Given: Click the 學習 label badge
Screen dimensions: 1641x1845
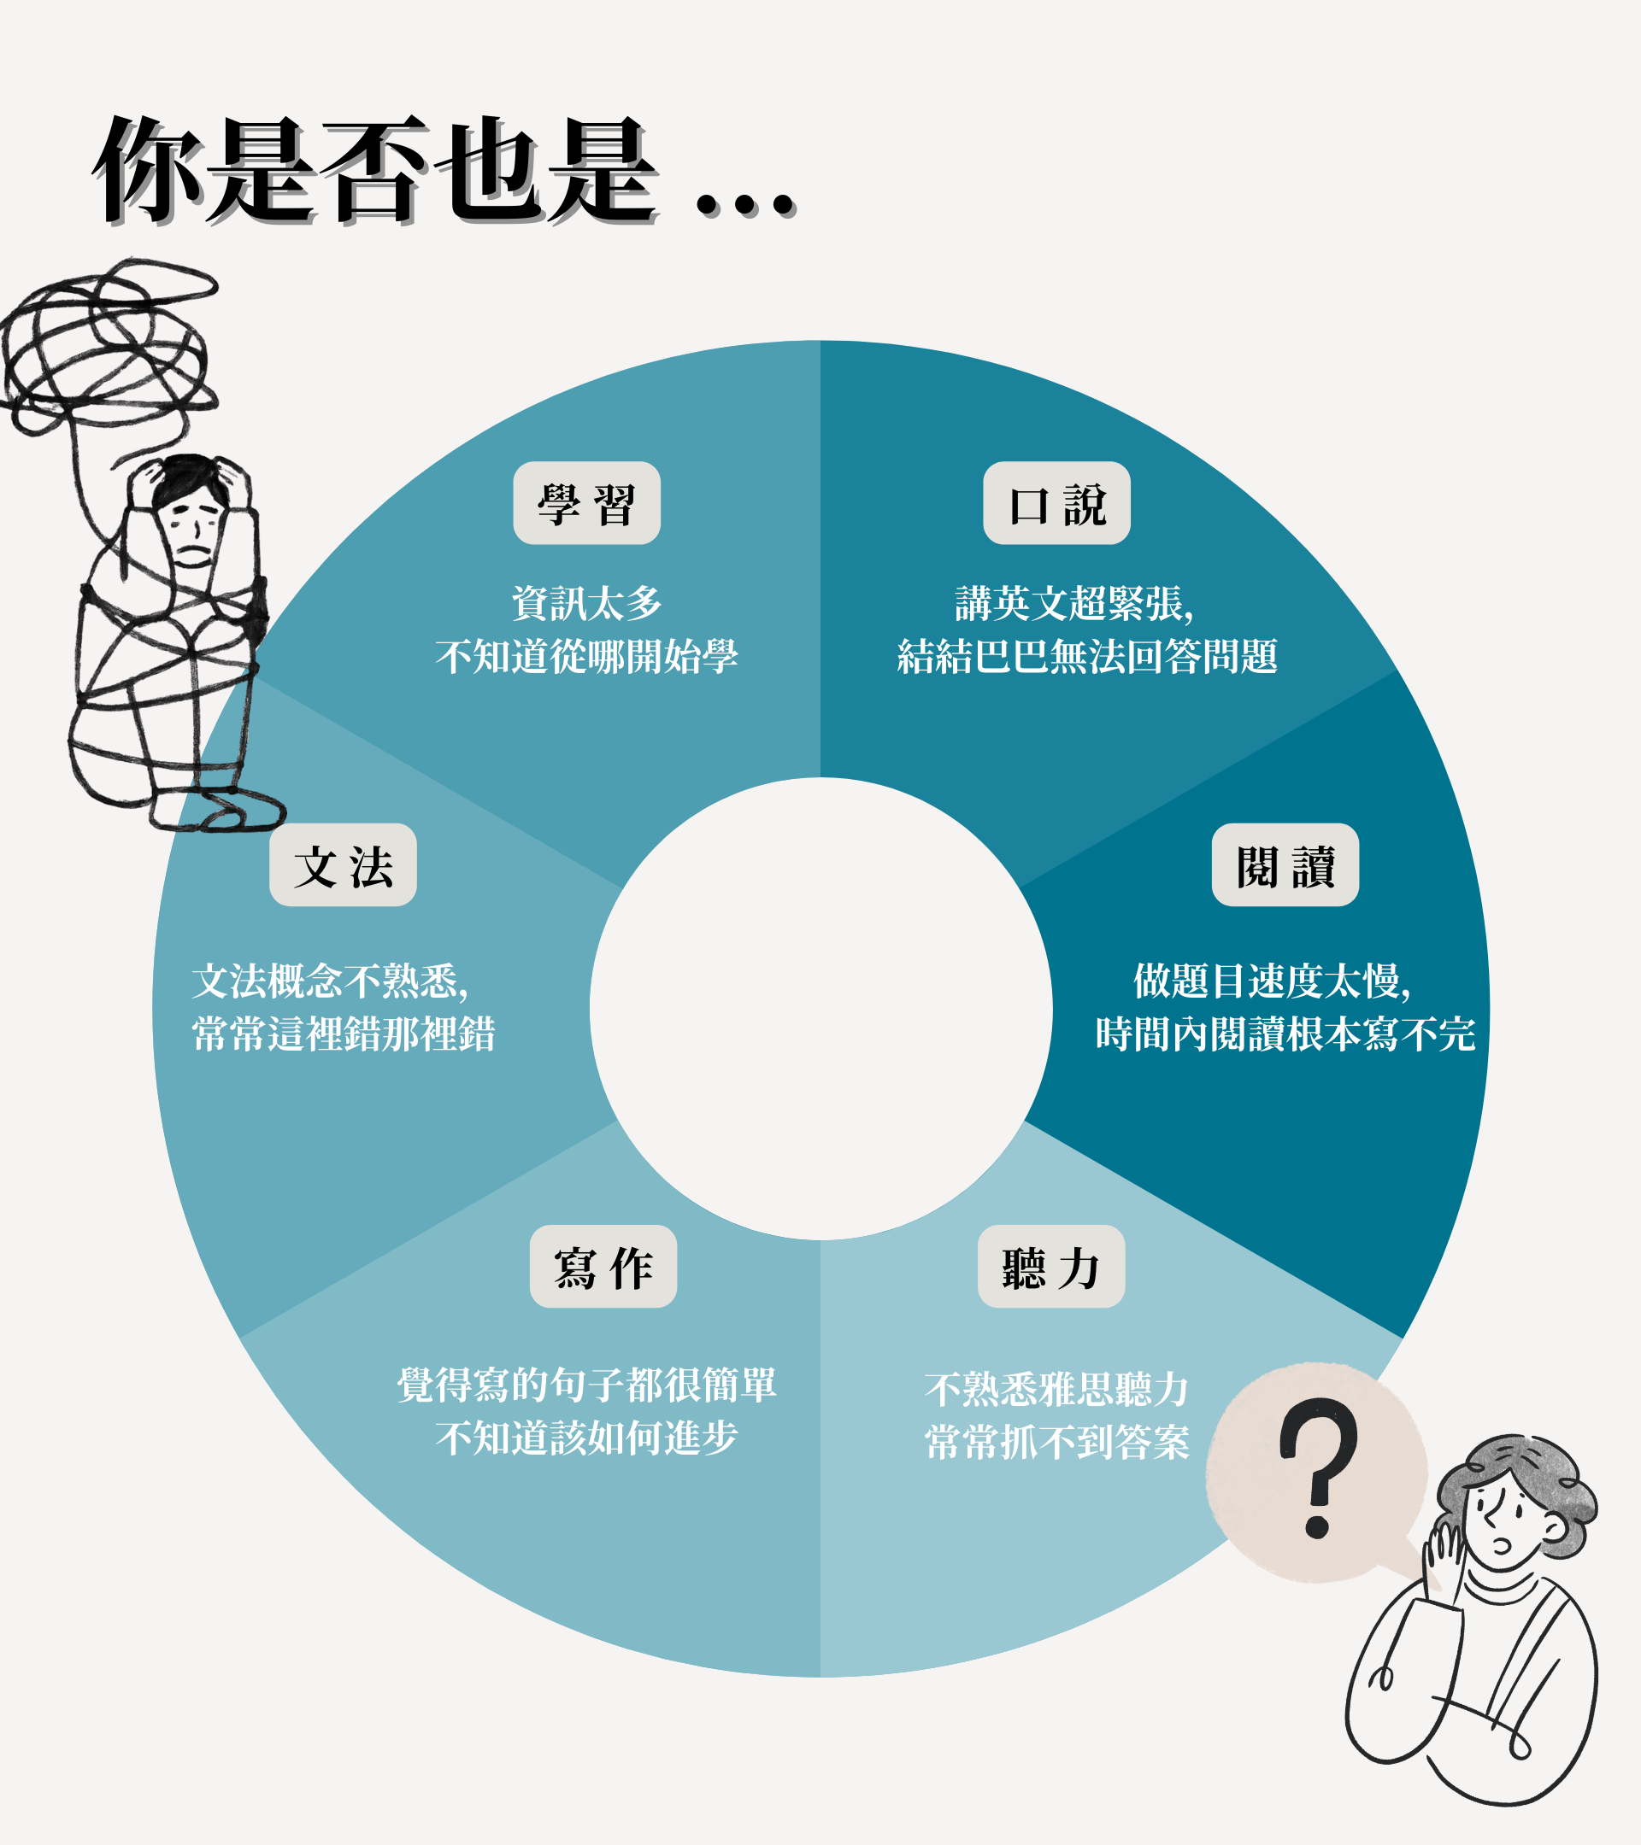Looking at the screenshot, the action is pos(586,503).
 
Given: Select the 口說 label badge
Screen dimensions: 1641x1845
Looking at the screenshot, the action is pos(1056,503).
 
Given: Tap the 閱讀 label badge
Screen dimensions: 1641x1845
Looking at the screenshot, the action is pos(1285,864).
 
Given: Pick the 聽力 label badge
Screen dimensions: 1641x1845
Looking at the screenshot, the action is pos(1050,1267).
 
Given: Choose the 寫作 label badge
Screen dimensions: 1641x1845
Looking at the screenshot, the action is pos(603,1267).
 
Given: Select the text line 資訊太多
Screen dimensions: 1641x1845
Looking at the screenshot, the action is pos(586,603).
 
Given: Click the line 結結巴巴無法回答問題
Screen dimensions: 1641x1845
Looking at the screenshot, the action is pos(1086,656).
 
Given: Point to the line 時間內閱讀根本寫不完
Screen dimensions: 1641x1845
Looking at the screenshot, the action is pos(1285,1034).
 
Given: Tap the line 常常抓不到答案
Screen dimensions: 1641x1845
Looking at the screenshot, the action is pos(1056,1442).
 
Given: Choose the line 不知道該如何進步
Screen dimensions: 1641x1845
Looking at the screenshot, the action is pos(586,1438).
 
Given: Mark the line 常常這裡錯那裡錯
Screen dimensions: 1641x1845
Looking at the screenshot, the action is pos(344,1034).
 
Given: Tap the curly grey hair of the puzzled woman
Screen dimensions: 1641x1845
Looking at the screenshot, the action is pos(1526,1480).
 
